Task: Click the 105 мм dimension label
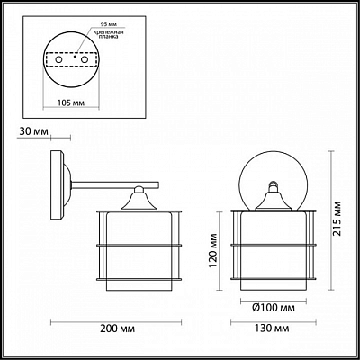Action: click(x=70, y=103)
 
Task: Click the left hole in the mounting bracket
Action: click(x=59, y=59)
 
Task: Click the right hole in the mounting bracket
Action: click(x=85, y=59)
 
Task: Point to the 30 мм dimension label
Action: click(x=33, y=131)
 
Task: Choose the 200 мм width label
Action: click(x=118, y=328)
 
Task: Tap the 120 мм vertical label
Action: click(x=212, y=250)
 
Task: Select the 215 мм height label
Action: click(x=338, y=219)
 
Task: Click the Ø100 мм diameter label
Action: click(x=274, y=308)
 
